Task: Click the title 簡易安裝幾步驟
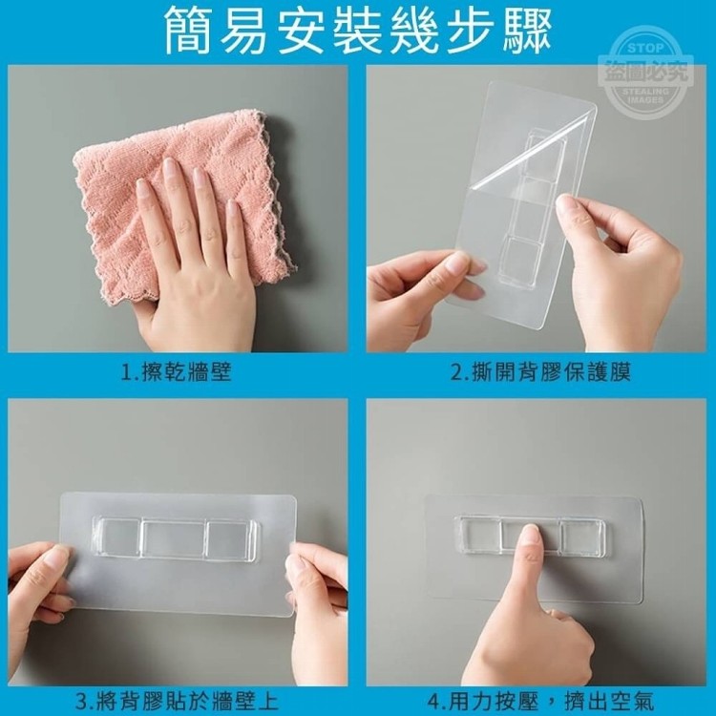tap(357, 31)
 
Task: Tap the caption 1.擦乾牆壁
tap(177, 372)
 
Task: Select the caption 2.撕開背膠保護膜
tap(540, 372)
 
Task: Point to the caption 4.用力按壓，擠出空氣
tap(540, 702)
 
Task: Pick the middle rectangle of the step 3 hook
tap(174, 537)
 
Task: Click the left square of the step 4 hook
tap(478, 534)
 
